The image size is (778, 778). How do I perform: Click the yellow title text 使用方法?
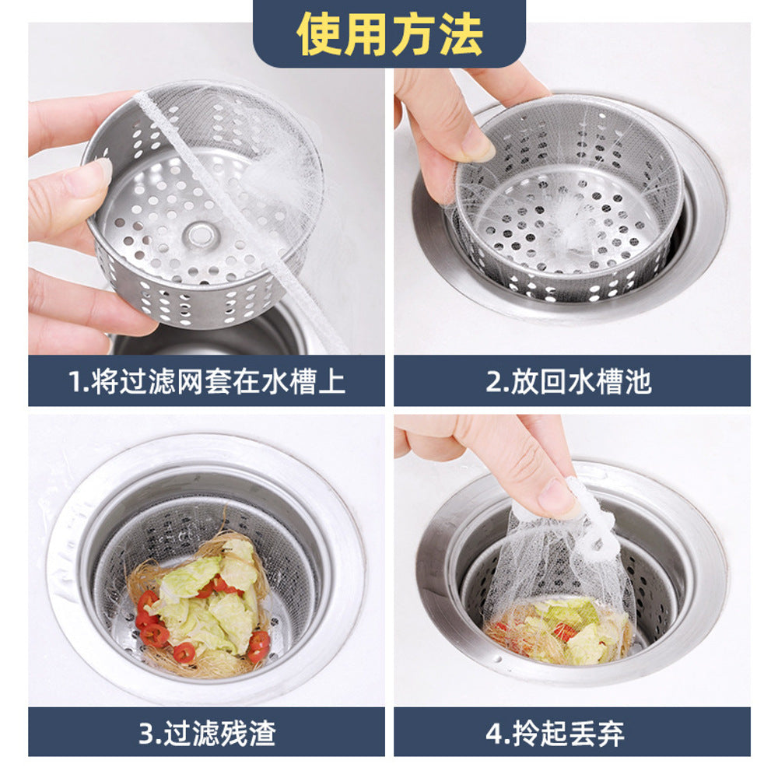point(389,33)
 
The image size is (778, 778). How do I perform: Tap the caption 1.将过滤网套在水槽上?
point(206,381)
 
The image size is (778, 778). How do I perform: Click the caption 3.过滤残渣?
point(207,732)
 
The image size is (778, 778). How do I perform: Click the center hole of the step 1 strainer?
point(201,233)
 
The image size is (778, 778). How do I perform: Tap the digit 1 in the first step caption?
point(75,382)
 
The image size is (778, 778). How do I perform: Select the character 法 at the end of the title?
point(461,33)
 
